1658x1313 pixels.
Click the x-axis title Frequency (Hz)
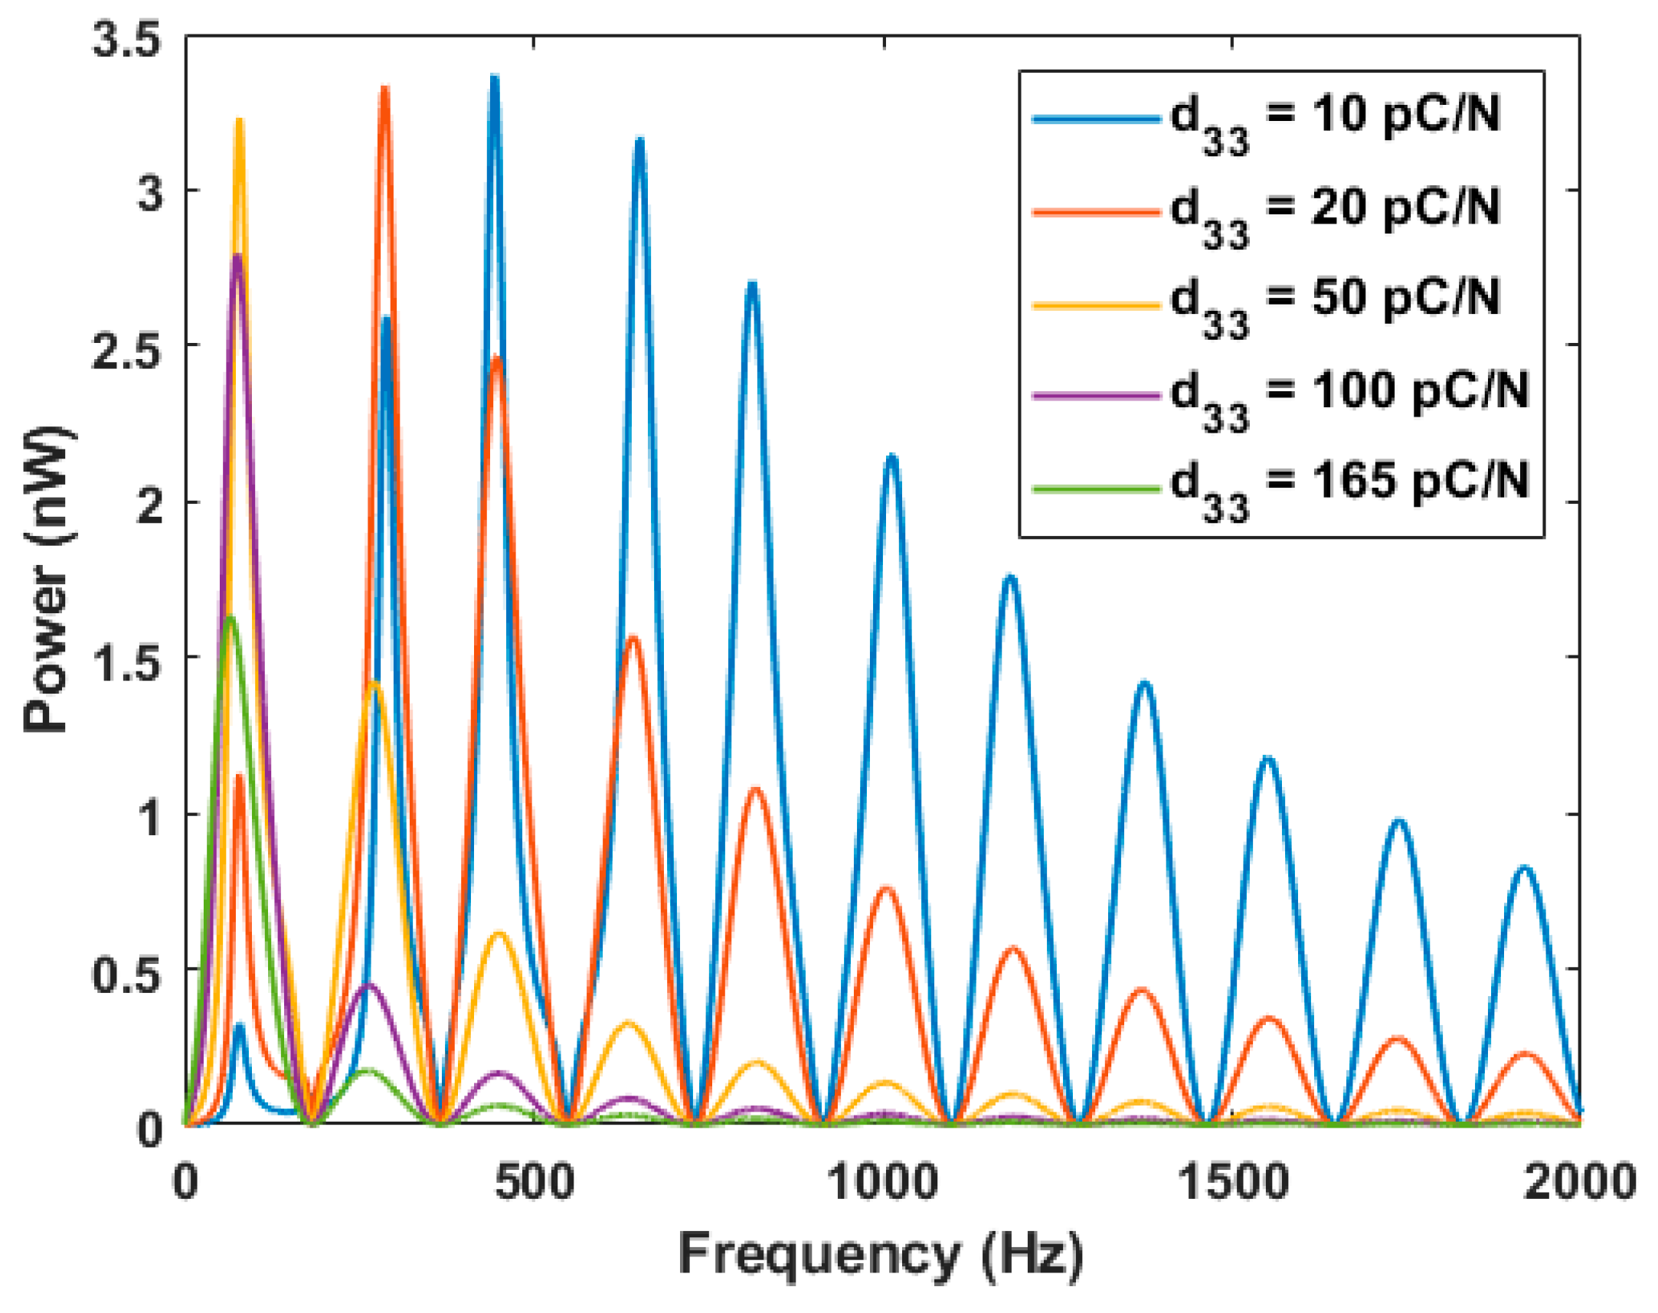click(881, 1255)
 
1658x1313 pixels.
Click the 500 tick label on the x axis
click(535, 1181)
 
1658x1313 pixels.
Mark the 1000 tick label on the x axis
click(883, 1181)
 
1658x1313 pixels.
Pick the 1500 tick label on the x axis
click(1233, 1181)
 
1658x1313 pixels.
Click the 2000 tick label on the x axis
click(1581, 1181)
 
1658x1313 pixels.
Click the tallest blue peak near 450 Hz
click(495, 78)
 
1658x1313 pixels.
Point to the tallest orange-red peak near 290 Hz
click(384, 90)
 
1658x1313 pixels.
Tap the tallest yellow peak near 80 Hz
click(239, 122)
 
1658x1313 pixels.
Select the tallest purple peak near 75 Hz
click(237, 257)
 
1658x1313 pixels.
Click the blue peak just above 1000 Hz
click(891, 459)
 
